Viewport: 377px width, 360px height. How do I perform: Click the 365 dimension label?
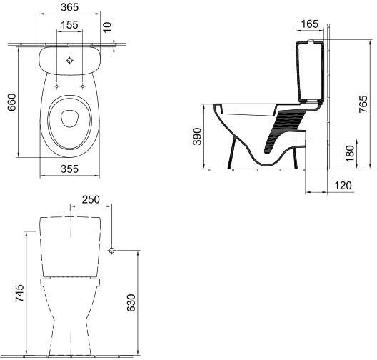pyautogui.click(x=69, y=7)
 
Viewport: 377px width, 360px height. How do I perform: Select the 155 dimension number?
pyautogui.click(x=69, y=25)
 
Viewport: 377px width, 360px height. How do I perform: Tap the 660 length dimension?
pyautogui.click(x=11, y=102)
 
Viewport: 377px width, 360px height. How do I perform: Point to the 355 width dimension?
pyautogui.click(x=69, y=169)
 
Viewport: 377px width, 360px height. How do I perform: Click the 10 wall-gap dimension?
pyautogui.click(x=108, y=26)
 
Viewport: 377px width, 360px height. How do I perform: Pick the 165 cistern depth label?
pyautogui.click(x=310, y=24)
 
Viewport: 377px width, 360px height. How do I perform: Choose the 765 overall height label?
pyautogui.click(x=363, y=104)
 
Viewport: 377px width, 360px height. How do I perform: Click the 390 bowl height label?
pyautogui.click(x=197, y=136)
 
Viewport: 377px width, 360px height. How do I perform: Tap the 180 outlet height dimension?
pyautogui.click(x=351, y=154)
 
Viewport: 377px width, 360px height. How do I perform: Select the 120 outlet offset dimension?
pyautogui.click(x=343, y=186)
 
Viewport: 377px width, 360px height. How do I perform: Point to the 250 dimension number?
pyautogui.click(x=91, y=199)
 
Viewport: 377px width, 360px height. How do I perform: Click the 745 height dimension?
pyautogui.click(x=19, y=293)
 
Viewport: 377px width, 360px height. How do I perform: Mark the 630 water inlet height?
pyautogui.click(x=131, y=303)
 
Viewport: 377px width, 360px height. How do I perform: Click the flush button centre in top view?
pyautogui.click(x=69, y=61)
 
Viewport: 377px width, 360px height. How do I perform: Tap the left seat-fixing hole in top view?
pyautogui.click(x=56, y=86)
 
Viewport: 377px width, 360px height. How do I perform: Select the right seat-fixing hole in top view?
pyautogui.click(x=83, y=86)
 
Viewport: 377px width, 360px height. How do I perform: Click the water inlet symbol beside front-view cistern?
pyautogui.click(x=111, y=250)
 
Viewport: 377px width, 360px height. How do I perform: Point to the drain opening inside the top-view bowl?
pyautogui.click(x=69, y=119)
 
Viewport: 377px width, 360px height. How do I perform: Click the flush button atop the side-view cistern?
pyautogui.click(x=311, y=41)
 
